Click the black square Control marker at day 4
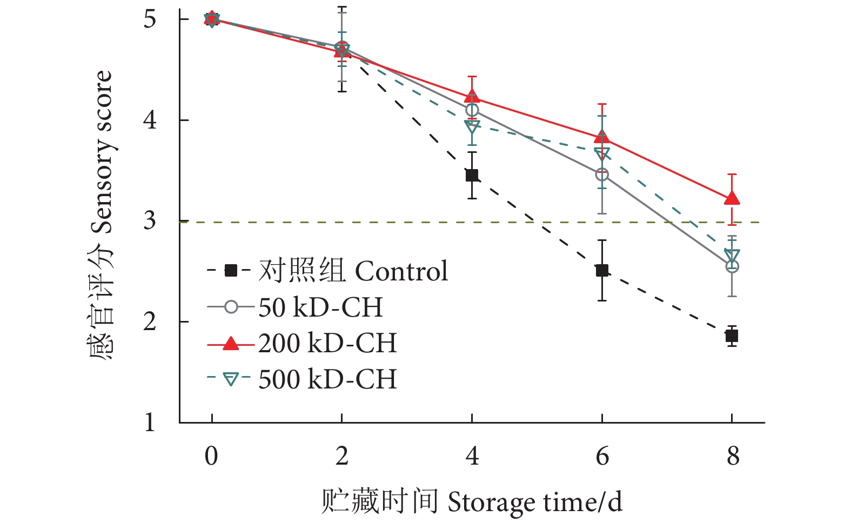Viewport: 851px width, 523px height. coord(472,175)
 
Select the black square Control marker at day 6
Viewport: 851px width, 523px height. coord(602,270)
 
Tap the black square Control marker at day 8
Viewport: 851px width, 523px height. coord(732,336)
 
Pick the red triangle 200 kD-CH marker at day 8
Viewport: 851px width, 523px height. coord(732,198)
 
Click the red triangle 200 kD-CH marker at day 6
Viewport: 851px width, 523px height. coord(602,137)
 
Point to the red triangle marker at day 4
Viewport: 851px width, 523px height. coord(472,97)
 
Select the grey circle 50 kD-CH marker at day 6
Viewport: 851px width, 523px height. coord(602,175)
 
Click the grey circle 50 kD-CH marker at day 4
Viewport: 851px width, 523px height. coord(472,110)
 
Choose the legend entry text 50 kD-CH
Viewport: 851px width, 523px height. coord(320,307)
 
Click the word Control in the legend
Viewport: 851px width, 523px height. coord(401,271)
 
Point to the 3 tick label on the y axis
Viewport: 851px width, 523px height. coord(150,221)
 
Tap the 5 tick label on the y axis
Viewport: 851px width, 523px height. coord(150,19)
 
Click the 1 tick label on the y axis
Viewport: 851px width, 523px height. coord(150,422)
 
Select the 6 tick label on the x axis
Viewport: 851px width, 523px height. coord(602,456)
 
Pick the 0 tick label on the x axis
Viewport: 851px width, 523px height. coord(211,456)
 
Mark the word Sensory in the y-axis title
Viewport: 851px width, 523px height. coord(102,197)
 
